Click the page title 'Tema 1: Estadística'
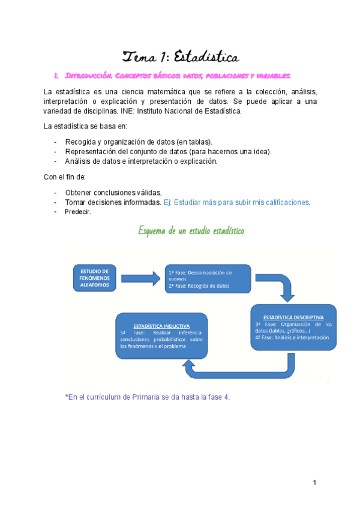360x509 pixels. click(181, 57)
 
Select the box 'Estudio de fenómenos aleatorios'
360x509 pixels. click(94, 278)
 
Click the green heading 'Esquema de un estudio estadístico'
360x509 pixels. click(191, 230)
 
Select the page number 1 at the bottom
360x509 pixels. click(314, 483)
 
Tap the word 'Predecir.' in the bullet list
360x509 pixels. click(78, 212)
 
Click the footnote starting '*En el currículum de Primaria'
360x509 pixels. click(147, 397)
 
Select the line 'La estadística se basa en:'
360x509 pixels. click(85, 126)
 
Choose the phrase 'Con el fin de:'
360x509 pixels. click(65, 177)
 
